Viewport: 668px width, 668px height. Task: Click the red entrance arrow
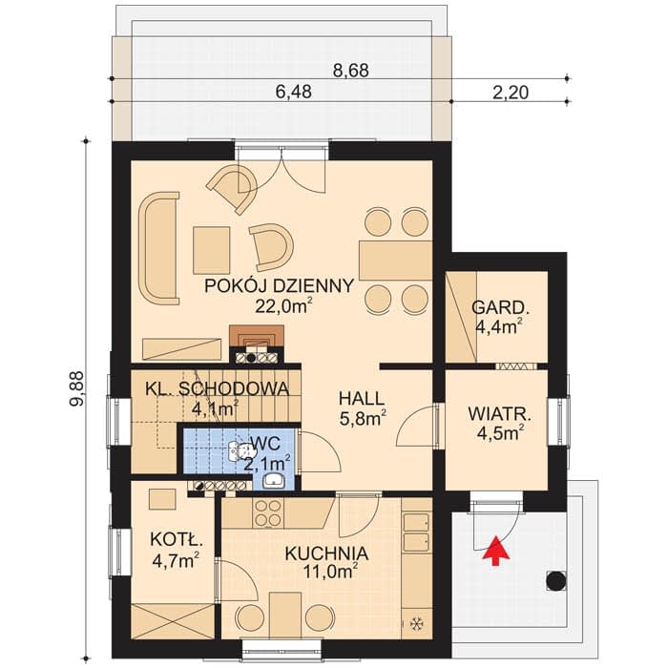(495, 551)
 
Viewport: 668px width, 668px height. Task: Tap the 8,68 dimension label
(350, 71)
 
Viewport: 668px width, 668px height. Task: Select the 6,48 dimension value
(294, 92)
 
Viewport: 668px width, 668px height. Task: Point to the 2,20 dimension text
(511, 93)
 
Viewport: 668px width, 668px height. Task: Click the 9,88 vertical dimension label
(77, 389)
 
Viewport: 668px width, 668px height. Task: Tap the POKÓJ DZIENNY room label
(279, 286)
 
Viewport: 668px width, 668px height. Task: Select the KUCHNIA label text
(326, 553)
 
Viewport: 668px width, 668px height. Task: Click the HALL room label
(362, 399)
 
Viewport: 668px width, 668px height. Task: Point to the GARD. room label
(498, 307)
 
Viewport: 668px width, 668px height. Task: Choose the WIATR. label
(500, 413)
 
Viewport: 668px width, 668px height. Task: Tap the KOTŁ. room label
(176, 540)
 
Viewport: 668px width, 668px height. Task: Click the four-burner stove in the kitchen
(268, 512)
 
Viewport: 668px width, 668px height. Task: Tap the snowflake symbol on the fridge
(416, 624)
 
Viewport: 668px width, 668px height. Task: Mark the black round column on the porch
(556, 580)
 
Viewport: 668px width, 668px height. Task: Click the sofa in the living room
(158, 248)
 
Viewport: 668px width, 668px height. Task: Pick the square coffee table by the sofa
(211, 250)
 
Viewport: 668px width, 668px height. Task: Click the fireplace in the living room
(257, 344)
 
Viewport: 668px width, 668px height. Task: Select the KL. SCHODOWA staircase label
(218, 389)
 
